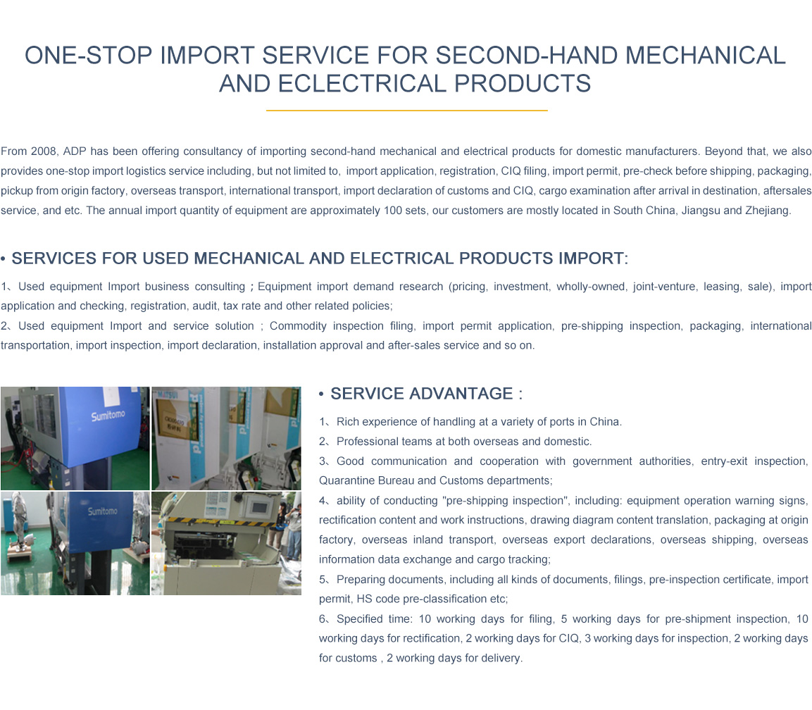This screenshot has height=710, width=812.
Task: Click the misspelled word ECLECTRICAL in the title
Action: point(361,83)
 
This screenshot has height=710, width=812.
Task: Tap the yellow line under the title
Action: point(406,111)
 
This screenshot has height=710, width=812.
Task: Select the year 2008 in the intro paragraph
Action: point(44,151)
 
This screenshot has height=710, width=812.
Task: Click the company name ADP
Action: point(75,151)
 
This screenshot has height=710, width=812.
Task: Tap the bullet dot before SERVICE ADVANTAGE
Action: point(321,394)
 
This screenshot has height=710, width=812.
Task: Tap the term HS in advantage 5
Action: point(364,599)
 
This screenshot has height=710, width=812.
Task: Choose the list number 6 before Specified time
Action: point(323,619)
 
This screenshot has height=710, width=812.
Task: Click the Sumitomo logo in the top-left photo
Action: point(108,416)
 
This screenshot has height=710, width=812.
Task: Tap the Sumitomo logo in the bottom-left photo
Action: point(103,511)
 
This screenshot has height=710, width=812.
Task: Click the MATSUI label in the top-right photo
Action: point(168,394)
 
